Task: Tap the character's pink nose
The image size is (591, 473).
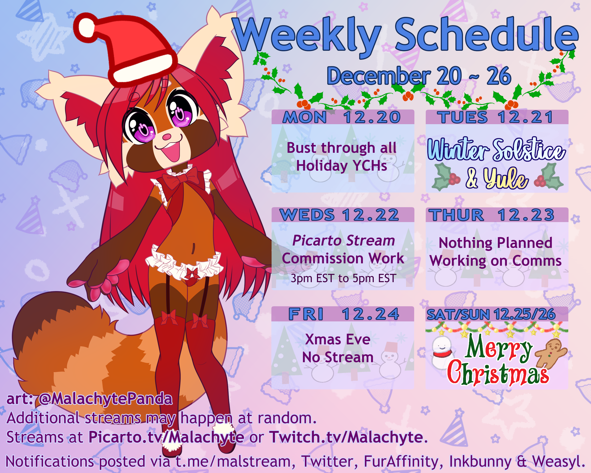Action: click(166, 136)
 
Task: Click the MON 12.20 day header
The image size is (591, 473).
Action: click(342, 117)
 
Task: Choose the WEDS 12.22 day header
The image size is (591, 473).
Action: click(339, 215)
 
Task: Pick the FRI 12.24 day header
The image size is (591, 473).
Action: click(344, 314)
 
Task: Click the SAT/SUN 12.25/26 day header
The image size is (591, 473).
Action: click(491, 314)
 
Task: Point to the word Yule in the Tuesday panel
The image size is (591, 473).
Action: click(505, 179)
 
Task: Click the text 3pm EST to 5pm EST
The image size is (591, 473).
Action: click(343, 278)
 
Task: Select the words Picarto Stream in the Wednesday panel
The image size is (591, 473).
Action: click(343, 241)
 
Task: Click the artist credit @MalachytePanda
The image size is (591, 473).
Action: click(105, 399)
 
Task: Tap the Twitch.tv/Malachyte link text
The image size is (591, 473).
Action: click(346, 437)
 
